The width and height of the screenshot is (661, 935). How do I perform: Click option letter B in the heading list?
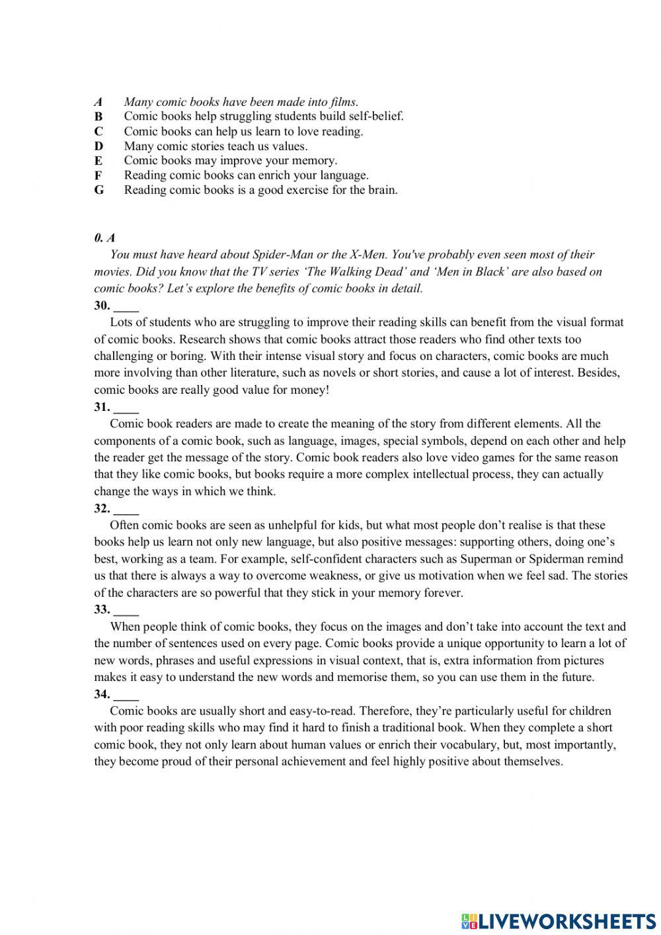(x=98, y=117)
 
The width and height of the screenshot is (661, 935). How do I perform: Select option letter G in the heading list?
(x=99, y=191)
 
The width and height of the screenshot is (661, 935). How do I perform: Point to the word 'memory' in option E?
(x=317, y=161)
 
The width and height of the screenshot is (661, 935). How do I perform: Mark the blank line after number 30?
(x=126, y=306)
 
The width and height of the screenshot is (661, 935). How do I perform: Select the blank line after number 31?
(x=126, y=408)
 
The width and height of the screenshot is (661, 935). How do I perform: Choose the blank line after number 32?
(x=126, y=510)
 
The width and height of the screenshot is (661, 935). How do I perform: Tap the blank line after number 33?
(x=126, y=611)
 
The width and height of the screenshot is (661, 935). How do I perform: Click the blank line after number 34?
(x=126, y=695)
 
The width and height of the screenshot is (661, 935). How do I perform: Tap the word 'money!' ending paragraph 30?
(x=311, y=390)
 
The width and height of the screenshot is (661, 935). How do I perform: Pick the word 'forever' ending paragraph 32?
(x=442, y=593)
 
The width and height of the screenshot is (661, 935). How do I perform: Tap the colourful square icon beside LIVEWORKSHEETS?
(x=469, y=920)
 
